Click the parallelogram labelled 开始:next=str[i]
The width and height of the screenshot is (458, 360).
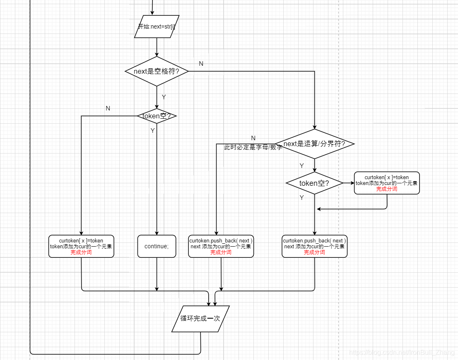coord(157,26)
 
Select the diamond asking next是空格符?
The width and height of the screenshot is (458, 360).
coord(157,71)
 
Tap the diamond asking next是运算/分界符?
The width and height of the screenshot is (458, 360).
coord(315,144)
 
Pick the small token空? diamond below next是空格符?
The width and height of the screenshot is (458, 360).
coord(157,116)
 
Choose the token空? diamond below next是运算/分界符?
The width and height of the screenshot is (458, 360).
coord(314,183)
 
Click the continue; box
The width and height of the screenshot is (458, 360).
coord(157,246)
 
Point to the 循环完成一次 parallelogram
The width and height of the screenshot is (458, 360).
coord(200,319)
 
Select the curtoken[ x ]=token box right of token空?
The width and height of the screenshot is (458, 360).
coord(387,183)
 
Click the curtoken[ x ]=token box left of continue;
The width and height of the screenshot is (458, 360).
coord(81,246)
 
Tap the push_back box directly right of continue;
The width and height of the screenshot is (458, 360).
coord(221,246)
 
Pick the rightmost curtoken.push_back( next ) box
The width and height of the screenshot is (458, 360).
coord(314,246)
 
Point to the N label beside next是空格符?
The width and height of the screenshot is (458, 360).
coord(201,64)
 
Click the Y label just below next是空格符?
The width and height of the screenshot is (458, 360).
coord(164,97)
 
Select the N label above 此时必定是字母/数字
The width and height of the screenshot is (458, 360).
coord(253,138)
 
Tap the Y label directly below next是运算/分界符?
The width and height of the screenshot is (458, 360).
coord(301,166)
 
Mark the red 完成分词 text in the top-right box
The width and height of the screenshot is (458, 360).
coord(387,189)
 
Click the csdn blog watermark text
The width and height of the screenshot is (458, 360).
coord(402,352)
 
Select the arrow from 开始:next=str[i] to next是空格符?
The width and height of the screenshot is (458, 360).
coord(157,47)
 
